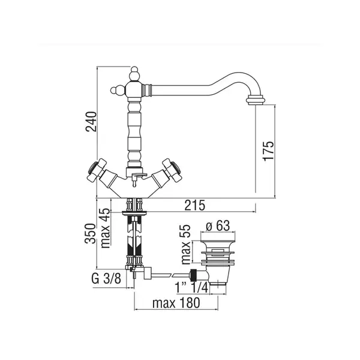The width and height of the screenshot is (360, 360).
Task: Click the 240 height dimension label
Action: point(91,121)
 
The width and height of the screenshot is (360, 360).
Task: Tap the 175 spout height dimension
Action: point(268,151)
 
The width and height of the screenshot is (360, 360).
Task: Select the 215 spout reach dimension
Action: point(194,205)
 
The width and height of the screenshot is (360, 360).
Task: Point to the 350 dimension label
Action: point(90,233)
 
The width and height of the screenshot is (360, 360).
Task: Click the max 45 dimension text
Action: point(106,228)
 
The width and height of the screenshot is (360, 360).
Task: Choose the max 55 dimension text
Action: point(185,244)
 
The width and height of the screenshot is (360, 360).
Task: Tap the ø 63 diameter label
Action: point(218,226)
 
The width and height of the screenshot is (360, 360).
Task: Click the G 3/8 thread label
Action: point(106,279)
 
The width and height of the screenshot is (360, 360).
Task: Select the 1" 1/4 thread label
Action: point(191,287)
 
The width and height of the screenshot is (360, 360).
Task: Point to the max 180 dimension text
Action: point(176,303)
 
